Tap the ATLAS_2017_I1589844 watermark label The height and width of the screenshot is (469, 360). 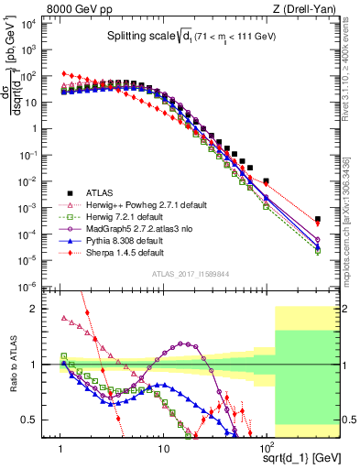[189, 274]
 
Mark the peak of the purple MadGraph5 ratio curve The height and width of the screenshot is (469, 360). [185, 344]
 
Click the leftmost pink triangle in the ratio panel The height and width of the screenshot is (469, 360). [61, 319]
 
